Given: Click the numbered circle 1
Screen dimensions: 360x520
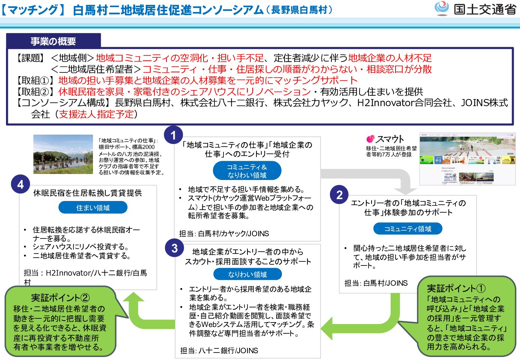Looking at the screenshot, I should (173, 135).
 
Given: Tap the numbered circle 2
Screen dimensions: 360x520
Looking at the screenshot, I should (339, 195).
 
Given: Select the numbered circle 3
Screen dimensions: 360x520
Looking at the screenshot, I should (174, 248).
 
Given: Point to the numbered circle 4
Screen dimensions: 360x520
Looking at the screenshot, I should (20, 184).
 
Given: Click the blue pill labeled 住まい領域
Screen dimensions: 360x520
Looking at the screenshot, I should (93, 208).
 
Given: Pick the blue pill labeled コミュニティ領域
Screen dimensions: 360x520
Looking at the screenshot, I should (408, 229).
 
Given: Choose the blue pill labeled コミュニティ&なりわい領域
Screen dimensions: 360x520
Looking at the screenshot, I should (247, 171).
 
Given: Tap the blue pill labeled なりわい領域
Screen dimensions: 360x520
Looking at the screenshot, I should (247, 274).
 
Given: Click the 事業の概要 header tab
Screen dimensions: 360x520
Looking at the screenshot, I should (53, 41).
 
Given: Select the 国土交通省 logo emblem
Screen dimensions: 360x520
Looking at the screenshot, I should (442, 8).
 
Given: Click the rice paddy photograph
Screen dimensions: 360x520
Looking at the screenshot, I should (63, 154).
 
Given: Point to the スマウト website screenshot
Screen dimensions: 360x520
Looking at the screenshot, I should (467, 159).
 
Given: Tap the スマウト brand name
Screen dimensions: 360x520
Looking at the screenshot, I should (390, 139).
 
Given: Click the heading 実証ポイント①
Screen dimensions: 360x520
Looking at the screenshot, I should (456, 288).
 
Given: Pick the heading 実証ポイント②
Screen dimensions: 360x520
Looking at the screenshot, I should (60, 298).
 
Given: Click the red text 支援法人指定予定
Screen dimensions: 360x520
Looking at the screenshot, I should (96, 114).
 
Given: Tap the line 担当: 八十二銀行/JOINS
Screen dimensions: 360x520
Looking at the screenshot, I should (219, 351).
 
